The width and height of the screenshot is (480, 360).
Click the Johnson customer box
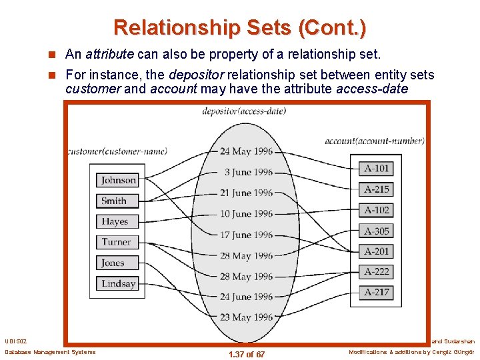click(119, 180)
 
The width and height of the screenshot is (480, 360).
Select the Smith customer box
click(119, 201)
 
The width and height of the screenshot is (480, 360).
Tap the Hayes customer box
click(119, 221)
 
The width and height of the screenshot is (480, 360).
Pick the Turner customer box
click(119, 242)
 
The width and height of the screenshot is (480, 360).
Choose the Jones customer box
click(119, 263)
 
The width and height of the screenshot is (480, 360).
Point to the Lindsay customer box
click(119, 283)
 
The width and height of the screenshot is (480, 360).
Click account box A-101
click(377, 168)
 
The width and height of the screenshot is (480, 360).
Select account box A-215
click(377, 189)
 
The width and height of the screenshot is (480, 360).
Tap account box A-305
click(377, 231)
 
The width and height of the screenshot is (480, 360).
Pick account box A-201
click(377, 251)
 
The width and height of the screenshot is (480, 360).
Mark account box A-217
click(377, 292)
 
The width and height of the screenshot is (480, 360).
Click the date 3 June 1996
click(248, 172)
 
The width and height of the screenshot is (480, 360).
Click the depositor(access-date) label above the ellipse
click(243, 111)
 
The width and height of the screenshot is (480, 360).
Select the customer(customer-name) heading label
click(117, 151)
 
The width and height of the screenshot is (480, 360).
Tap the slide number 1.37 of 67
click(246, 354)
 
